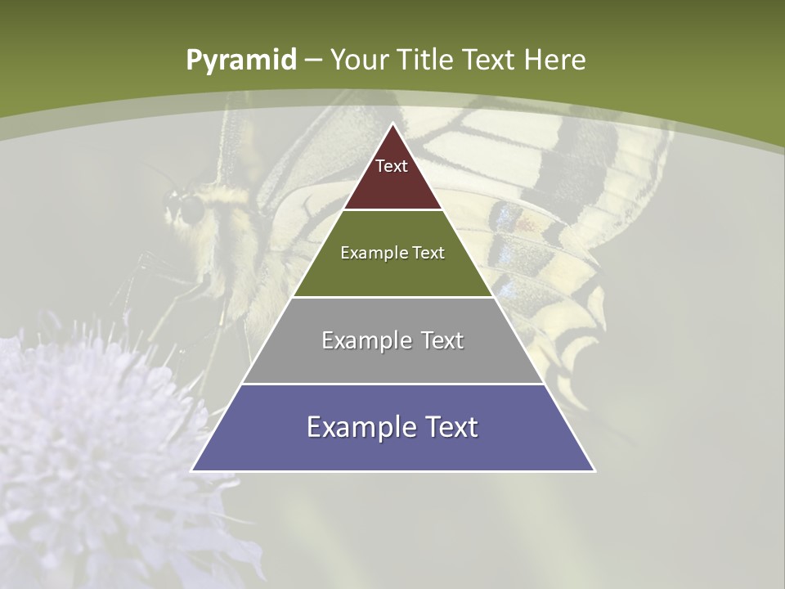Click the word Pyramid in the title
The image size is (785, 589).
point(240,61)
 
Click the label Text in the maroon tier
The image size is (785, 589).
point(392,166)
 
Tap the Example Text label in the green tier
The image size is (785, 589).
point(392,253)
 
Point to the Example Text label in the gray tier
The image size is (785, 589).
point(392,340)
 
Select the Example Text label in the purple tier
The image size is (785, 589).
point(392,427)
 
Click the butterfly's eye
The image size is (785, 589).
point(192,211)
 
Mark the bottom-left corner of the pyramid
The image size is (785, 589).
point(192,470)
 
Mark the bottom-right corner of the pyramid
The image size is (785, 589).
point(594,470)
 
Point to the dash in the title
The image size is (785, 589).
point(313,61)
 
